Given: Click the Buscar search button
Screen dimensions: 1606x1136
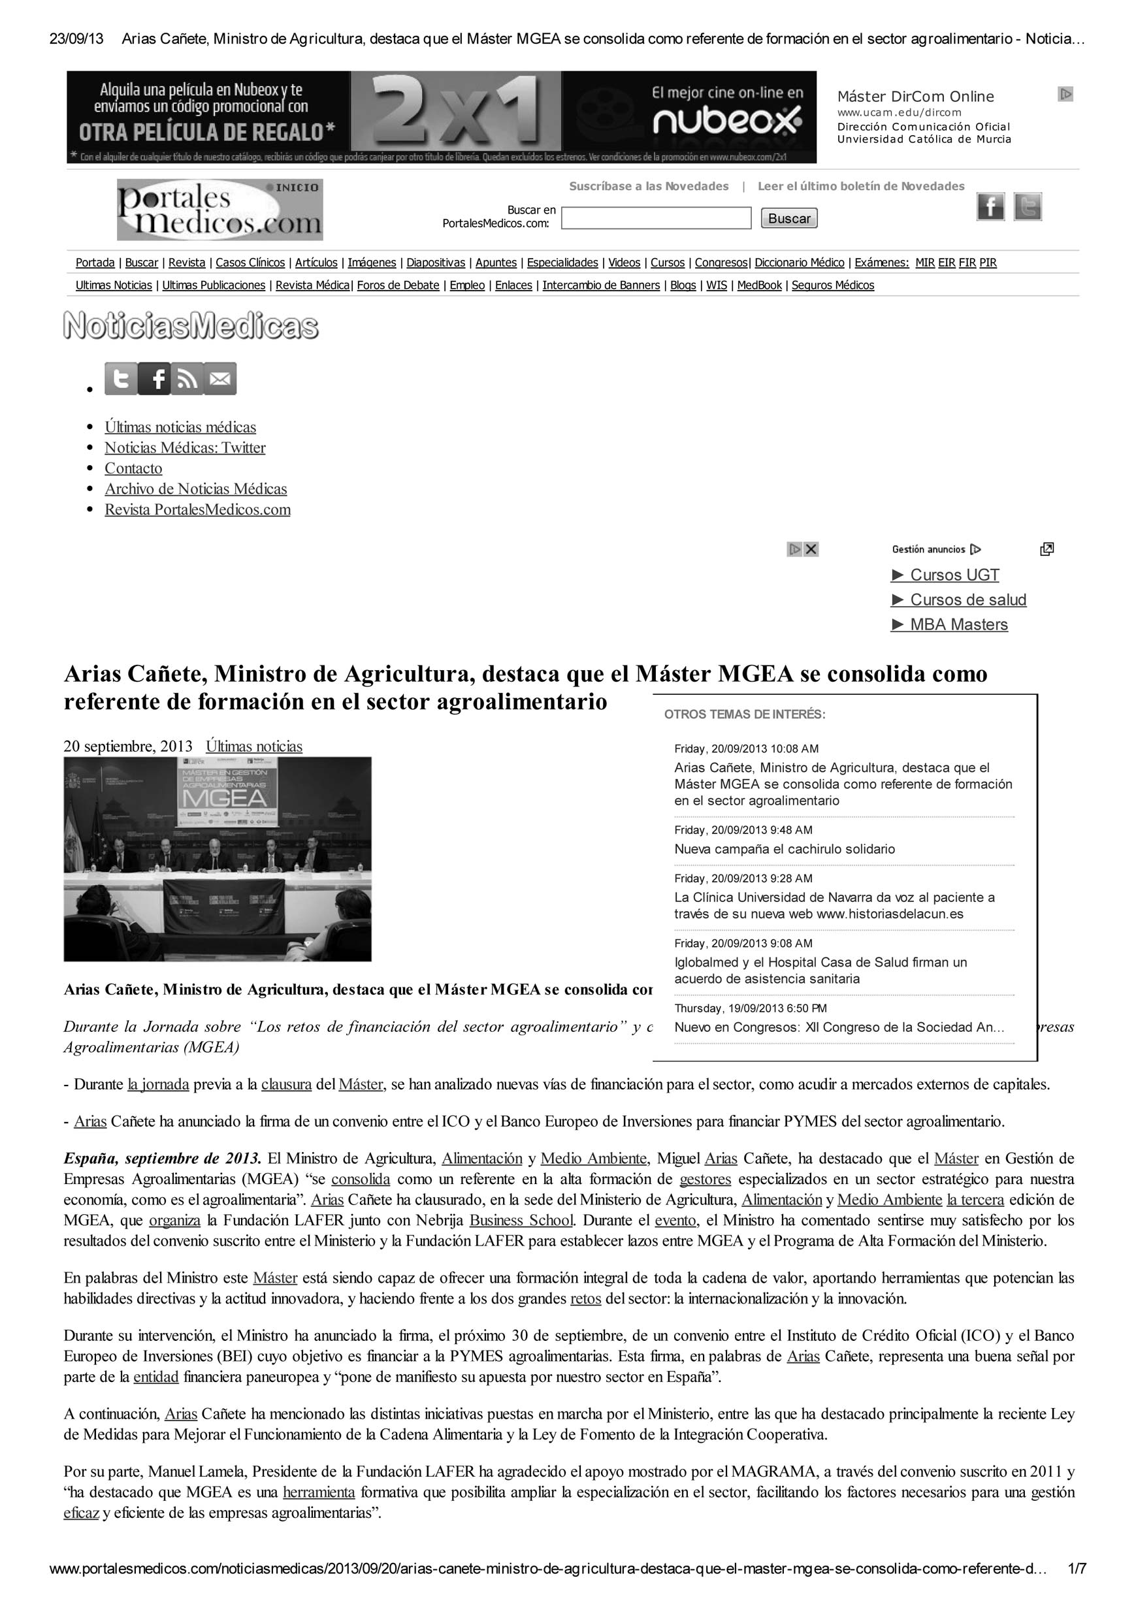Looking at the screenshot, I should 788,218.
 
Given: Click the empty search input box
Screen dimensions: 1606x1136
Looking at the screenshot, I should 655,218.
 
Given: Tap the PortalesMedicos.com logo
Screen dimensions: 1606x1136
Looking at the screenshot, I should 219,210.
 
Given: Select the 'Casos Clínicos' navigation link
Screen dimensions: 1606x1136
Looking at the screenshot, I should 250,263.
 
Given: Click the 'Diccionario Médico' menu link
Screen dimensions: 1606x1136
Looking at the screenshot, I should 799,263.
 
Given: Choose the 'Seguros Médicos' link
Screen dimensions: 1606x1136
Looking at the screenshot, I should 832,285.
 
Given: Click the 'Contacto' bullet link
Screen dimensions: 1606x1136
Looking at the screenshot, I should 133,469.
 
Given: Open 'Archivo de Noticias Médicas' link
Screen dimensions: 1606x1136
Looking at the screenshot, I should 196,489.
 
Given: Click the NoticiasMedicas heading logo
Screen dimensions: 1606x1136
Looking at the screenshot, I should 191,327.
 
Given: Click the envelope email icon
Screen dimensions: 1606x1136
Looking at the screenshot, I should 220,379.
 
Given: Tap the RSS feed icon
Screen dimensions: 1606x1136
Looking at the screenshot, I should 187,379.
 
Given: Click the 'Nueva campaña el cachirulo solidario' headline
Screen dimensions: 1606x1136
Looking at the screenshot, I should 784,849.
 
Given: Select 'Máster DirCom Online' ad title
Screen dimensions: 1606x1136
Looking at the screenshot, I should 915,97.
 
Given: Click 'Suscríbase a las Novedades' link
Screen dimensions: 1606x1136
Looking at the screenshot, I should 649,186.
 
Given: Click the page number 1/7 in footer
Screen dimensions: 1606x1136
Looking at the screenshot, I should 1077,1588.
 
